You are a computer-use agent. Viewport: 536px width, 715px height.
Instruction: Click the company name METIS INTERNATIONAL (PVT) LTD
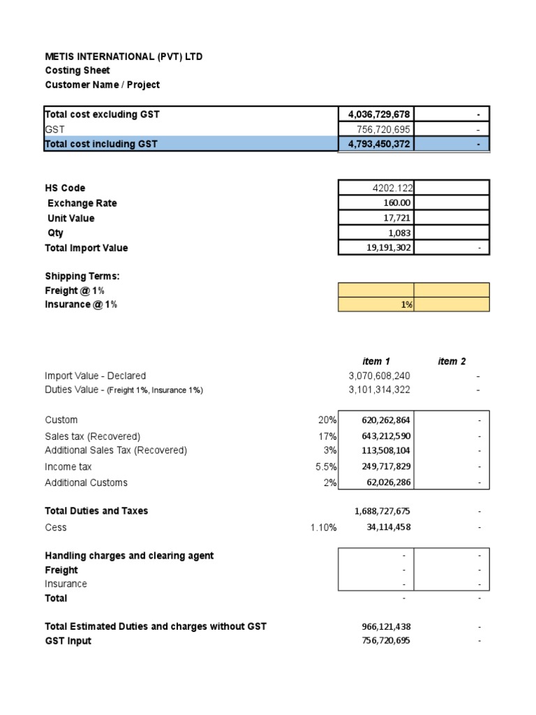pos(124,57)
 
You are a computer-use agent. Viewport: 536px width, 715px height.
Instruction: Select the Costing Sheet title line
pos(77,71)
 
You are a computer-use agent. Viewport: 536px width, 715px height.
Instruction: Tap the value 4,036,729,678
pos(379,115)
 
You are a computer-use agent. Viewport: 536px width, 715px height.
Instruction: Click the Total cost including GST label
pos(101,144)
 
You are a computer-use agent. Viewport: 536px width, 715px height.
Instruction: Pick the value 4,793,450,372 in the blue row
pos(379,144)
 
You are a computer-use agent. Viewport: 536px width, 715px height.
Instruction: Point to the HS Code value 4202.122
pos(392,188)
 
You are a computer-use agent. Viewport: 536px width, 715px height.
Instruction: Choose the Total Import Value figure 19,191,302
pos(383,248)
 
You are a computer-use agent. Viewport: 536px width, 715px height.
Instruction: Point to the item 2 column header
pos(452,361)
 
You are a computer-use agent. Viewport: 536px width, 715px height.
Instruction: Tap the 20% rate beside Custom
pos(327,420)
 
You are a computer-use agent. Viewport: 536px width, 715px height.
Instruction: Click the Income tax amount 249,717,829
pos(382,466)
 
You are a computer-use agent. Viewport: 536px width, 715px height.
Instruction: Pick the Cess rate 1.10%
pos(323,527)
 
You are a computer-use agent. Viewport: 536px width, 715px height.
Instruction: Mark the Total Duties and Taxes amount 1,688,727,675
pos(382,511)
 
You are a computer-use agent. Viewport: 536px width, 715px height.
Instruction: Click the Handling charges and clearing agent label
pos(129,556)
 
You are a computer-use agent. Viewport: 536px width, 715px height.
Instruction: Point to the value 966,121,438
pos(382,627)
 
